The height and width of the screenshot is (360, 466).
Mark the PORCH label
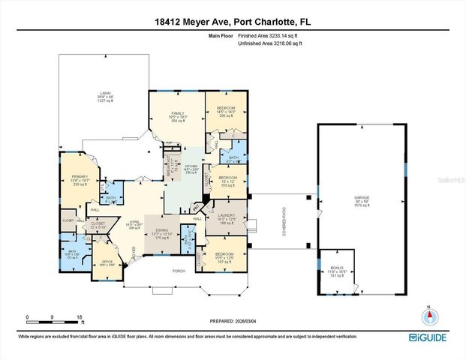pos(179,270)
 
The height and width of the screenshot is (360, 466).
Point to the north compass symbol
pos(428,316)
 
